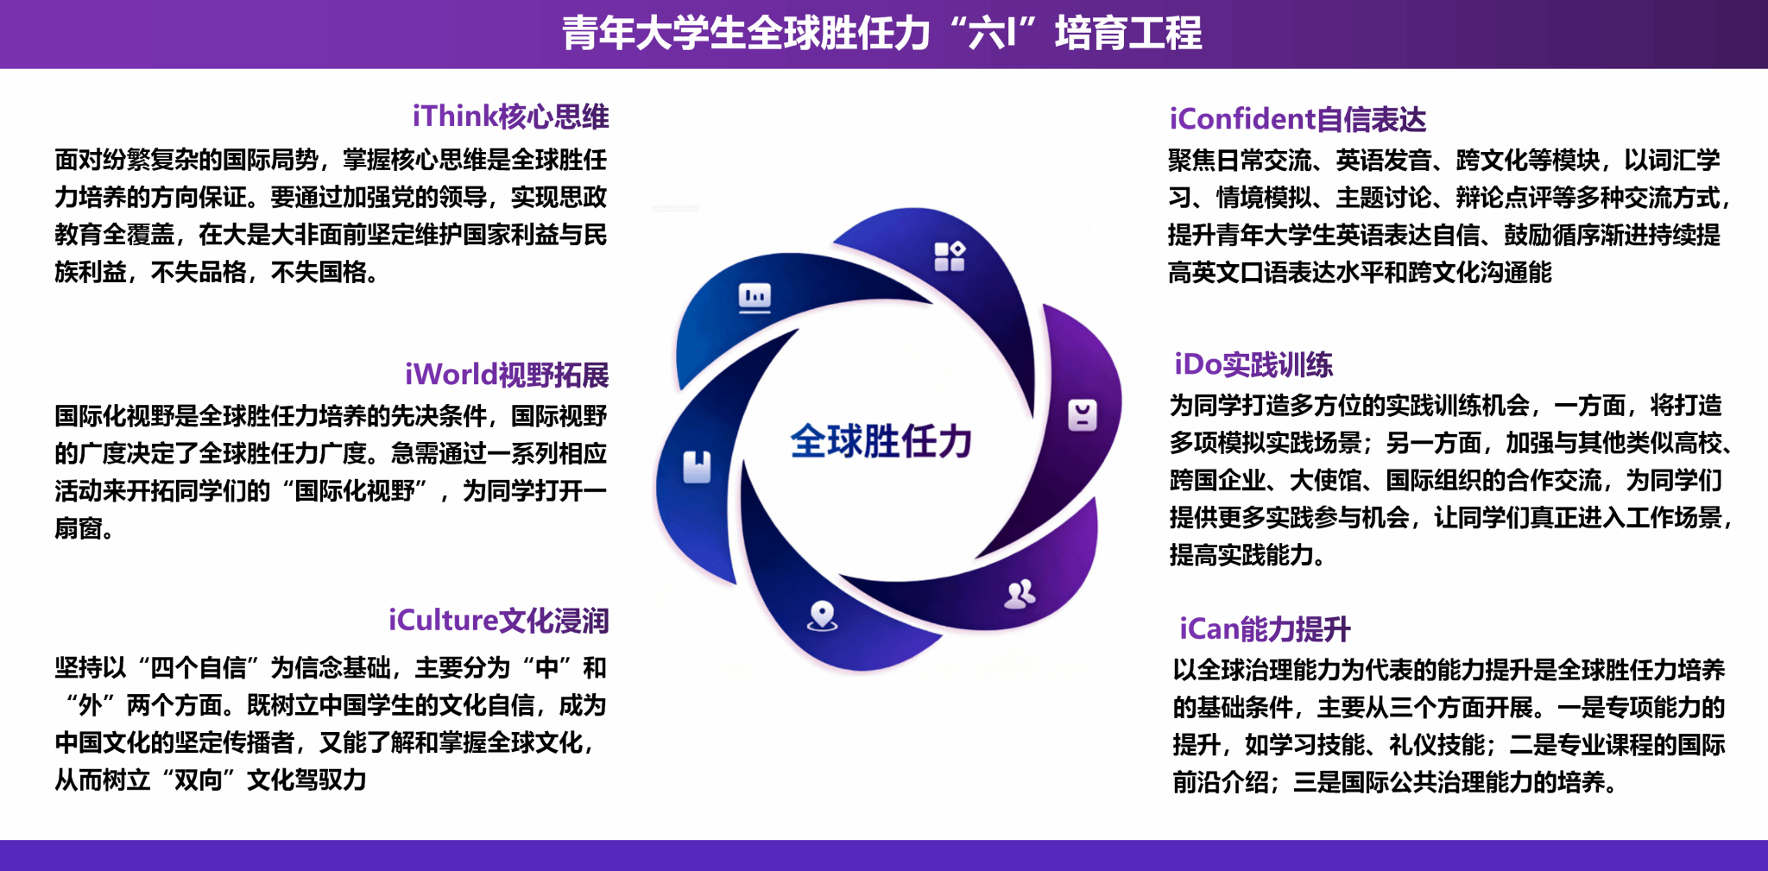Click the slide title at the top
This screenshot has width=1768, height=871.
[882, 34]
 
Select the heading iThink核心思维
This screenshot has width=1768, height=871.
[510, 117]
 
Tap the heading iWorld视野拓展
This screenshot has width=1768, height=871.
[507, 375]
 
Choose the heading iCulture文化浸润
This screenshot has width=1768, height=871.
[498, 621]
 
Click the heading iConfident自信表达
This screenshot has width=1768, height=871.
[1298, 119]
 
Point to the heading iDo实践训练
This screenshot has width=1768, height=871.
[1253, 364]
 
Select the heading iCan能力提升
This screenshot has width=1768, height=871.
[1265, 629]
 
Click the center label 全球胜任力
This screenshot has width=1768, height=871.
[881, 441]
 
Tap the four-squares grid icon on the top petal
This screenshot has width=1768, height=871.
[950, 256]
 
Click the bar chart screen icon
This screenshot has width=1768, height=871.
[755, 298]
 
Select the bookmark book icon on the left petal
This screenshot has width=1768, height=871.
[698, 466]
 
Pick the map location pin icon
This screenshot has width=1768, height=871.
[822, 616]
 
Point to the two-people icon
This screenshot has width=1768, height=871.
[1020, 594]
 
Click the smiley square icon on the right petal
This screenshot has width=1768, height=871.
[1083, 415]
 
